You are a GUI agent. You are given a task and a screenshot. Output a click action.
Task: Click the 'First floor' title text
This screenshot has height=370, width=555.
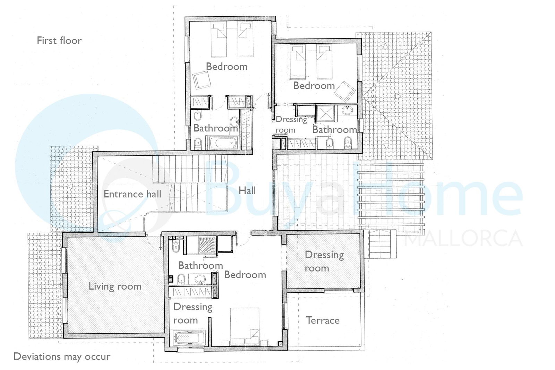tap(59, 41)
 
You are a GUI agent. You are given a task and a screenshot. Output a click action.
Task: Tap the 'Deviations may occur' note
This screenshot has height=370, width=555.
tap(62, 356)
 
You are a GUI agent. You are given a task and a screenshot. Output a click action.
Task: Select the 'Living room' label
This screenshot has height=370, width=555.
tap(115, 286)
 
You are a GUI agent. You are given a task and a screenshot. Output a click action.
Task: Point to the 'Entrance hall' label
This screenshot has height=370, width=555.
tap(132, 194)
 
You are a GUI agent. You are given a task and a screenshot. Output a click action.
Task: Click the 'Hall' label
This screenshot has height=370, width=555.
tap(247, 190)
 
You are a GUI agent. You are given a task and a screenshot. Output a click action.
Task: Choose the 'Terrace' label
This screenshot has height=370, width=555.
tap(323, 320)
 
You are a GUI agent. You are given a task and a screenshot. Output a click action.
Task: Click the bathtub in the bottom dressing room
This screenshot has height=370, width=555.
tap(188, 338)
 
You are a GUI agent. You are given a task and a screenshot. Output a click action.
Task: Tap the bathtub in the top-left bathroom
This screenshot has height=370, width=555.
tap(224, 143)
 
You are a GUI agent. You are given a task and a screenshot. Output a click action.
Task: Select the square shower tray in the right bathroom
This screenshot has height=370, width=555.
tap(325, 114)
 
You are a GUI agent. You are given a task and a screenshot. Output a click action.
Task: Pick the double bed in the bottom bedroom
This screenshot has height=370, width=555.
tap(245, 327)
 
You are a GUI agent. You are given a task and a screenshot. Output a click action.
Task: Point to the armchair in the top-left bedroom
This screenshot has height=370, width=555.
tap(202, 80)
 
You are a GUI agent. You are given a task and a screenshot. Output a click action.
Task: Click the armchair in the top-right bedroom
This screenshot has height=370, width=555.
tap(345, 92)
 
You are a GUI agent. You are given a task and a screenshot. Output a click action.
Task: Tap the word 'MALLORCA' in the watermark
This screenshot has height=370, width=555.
tap(463, 238)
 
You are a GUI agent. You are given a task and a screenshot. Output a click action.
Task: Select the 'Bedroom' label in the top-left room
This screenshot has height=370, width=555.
tap(227, 66)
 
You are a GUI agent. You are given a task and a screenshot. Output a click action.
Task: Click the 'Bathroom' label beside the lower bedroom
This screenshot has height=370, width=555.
tap(200, 266)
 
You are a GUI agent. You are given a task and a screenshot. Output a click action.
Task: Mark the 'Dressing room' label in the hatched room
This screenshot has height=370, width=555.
tap(324, 261)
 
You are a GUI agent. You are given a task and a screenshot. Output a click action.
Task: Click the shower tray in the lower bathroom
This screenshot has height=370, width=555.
tap(208, 245)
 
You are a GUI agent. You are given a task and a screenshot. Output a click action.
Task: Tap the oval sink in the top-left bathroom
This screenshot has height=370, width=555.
tap(234, 122)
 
